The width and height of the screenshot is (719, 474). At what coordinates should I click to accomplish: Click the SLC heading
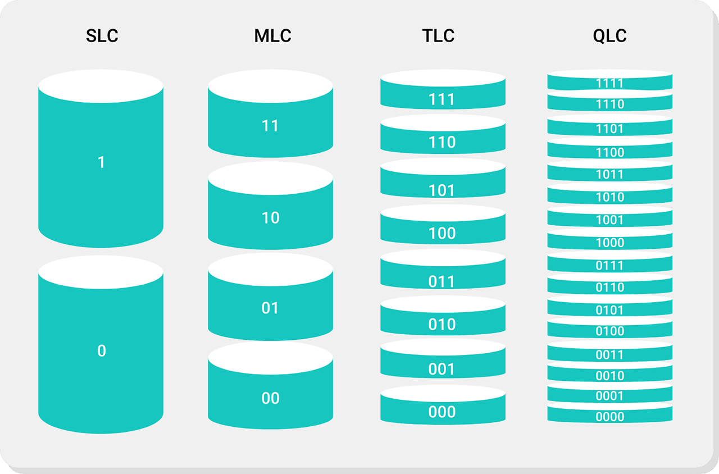pyautogui.click(x=102, y=36)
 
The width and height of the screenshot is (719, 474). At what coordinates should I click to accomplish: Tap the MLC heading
pyautogui.click(x=272, y=36)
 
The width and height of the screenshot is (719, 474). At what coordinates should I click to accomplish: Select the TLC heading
pyautogui.click(x=438, y=36)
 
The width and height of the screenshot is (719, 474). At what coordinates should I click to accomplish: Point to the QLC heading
pyautogui.click(x=609, y=36)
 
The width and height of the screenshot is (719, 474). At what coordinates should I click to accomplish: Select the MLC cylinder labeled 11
pyautogui.click(x=270, y=126)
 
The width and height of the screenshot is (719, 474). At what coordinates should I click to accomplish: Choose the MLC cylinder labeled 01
pyautogui.click(x=270, y=308)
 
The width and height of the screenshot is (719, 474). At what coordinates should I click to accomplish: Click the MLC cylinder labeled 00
pyautogui.click(x=270, y=398)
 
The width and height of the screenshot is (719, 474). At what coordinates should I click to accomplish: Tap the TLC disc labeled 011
pyautogui.click(x=442, y=279)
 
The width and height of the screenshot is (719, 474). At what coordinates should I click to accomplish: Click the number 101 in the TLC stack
pyautogui.click(x=442, y=190)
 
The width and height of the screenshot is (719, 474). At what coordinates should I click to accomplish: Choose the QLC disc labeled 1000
pyautogui.click(x=609, y=242)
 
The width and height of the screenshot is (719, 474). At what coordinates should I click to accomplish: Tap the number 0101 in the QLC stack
pyautogui.click(x=609, y=310)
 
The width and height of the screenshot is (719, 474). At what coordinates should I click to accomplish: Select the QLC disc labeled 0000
pyautogui.click(x=609, y=416)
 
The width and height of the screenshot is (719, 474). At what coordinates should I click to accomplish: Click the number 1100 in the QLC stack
pyautogui.click(x=609, y=152)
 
